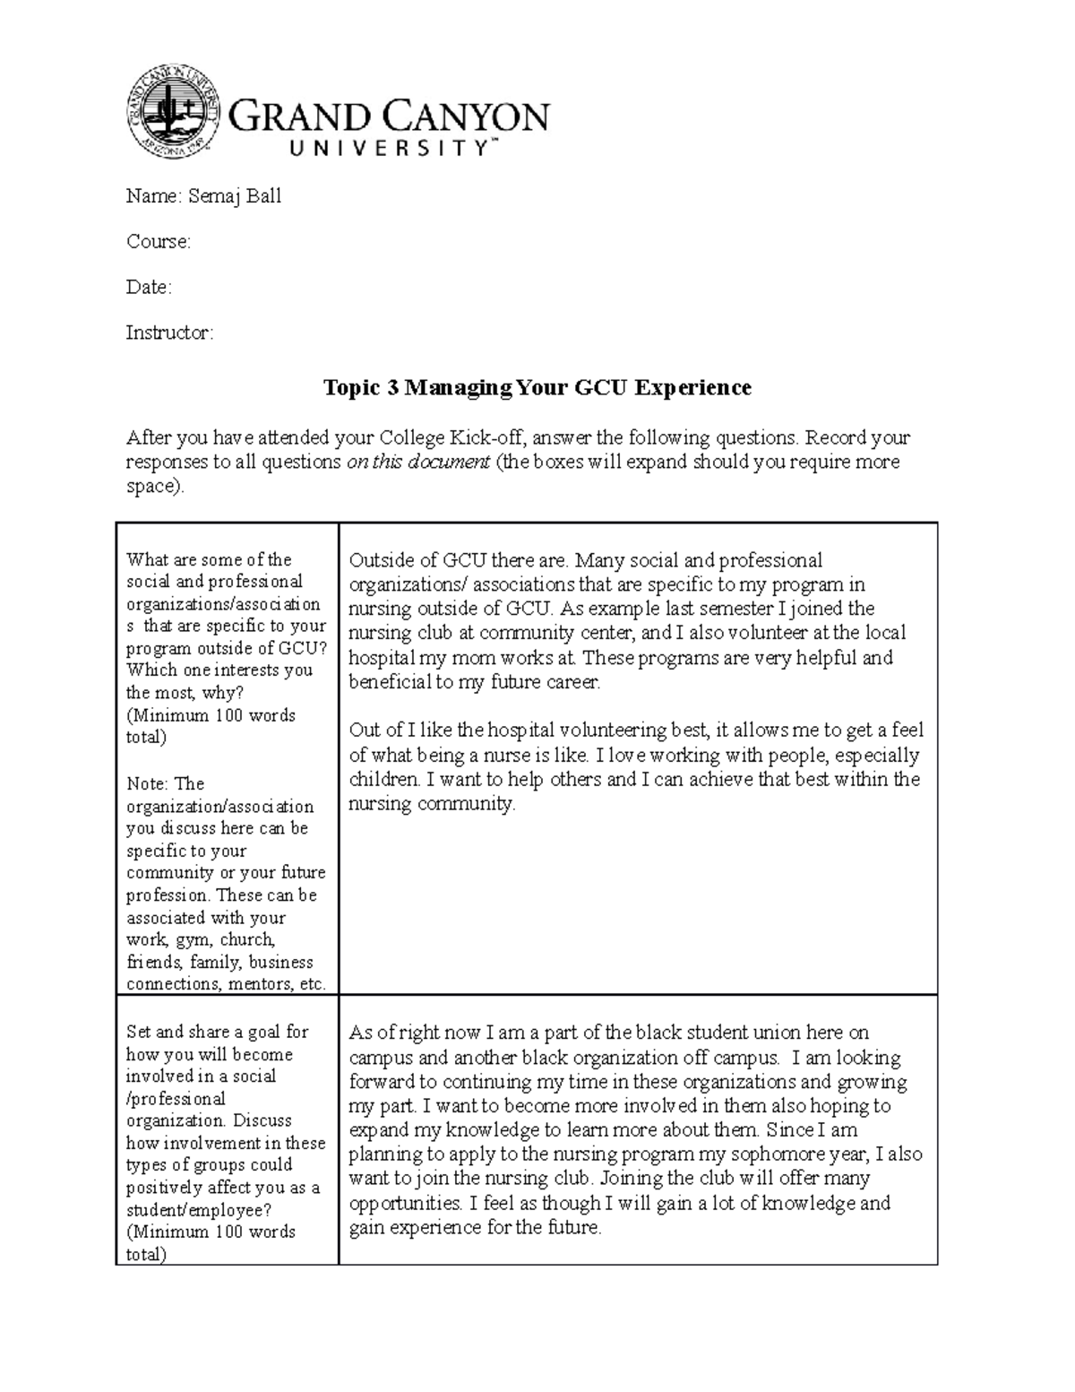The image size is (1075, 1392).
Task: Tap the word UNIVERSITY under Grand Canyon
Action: point(388,151)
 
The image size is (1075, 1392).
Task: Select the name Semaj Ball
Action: point(235,196)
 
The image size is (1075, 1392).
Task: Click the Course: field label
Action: point(159,242)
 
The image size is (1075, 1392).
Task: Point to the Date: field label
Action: point(149,288)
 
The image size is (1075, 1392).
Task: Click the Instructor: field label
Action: point(169,333)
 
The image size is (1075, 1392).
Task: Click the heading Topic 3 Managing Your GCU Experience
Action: point(537,387)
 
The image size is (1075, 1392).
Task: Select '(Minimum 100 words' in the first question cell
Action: point(211,715)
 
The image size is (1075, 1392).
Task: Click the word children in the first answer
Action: point(383,779)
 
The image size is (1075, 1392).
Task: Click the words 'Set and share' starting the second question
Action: point(178,1032)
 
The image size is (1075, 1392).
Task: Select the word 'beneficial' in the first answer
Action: point(391,681)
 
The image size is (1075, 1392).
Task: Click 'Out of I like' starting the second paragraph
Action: point(403,731)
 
